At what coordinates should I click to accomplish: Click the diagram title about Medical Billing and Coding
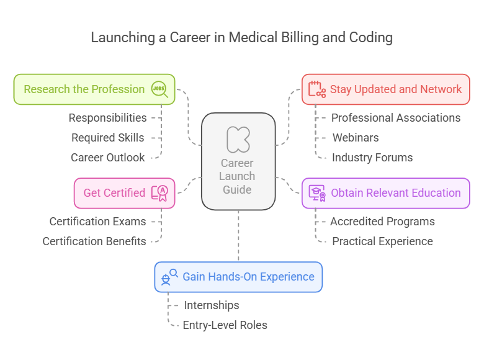coord(241,37)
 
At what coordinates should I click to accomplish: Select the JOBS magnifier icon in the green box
coord(159,89)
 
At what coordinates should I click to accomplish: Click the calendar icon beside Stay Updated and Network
coord(317,89)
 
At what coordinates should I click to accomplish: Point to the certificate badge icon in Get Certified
coord(159,193)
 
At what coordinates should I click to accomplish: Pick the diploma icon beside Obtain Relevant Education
coord(317,192)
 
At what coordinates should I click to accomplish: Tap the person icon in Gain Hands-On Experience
coord(169,277)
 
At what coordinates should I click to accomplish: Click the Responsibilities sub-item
coord(107,118)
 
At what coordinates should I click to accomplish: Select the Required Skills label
coord(107,138)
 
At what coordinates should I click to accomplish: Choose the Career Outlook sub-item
coord(107,158)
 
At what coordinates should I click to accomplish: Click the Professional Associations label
coord(395,118)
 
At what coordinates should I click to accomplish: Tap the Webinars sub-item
coord(355,138)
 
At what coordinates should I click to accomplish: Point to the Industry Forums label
coord(372,158)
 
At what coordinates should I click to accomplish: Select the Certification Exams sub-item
coord(97,222)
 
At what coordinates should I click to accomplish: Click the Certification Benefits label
coord(94,241)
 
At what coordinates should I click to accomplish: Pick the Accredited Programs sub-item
coord(382,222)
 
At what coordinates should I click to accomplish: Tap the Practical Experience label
coord(382,241)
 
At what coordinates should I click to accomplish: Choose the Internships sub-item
coord(211,305)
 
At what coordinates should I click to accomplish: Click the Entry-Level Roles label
coord(225,325)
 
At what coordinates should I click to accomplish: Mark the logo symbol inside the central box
coord(238,139)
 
